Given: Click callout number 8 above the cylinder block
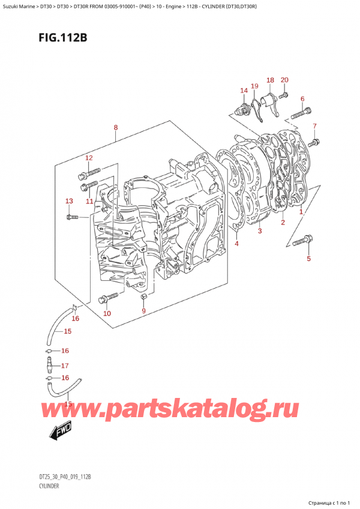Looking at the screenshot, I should click(115, 128).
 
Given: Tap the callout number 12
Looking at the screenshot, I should click(88, 158).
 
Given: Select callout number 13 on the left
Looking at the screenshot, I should click(69, 201).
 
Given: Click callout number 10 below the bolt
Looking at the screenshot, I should click(107, 313).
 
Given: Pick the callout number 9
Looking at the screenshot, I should click(143, 310).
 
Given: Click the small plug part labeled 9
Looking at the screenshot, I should click(143, 297).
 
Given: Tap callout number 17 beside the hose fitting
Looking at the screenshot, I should click(65, 366).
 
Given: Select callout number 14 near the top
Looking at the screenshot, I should click(244, 91).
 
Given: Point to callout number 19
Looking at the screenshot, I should click(254, 86).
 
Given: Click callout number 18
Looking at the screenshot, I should click(270, 80).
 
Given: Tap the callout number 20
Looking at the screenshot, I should click(284, 80).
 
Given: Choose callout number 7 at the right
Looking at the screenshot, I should click(314, 126).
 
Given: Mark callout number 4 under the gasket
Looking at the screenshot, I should click(236, 244).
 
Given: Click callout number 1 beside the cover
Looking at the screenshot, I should click(301, 212).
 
